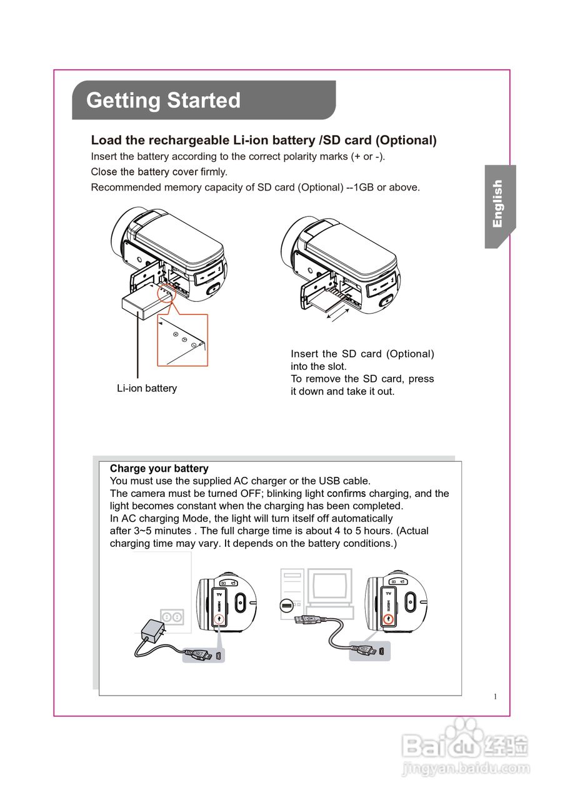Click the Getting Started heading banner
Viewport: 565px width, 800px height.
(204, 100)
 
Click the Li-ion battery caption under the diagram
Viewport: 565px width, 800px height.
(147, 388)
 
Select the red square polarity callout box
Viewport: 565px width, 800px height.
(182, 340)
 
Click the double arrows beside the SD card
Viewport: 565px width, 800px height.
(337, 312)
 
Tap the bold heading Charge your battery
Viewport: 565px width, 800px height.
(159, 468)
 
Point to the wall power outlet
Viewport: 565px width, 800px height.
(172, 617)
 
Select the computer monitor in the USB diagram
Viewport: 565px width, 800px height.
(332, 586)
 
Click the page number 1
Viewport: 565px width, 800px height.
(495, 697)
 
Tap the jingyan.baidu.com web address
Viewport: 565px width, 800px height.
(466, 768)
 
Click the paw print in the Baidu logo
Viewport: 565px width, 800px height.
(466, 729)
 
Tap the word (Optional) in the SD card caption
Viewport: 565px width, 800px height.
(410, 354)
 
